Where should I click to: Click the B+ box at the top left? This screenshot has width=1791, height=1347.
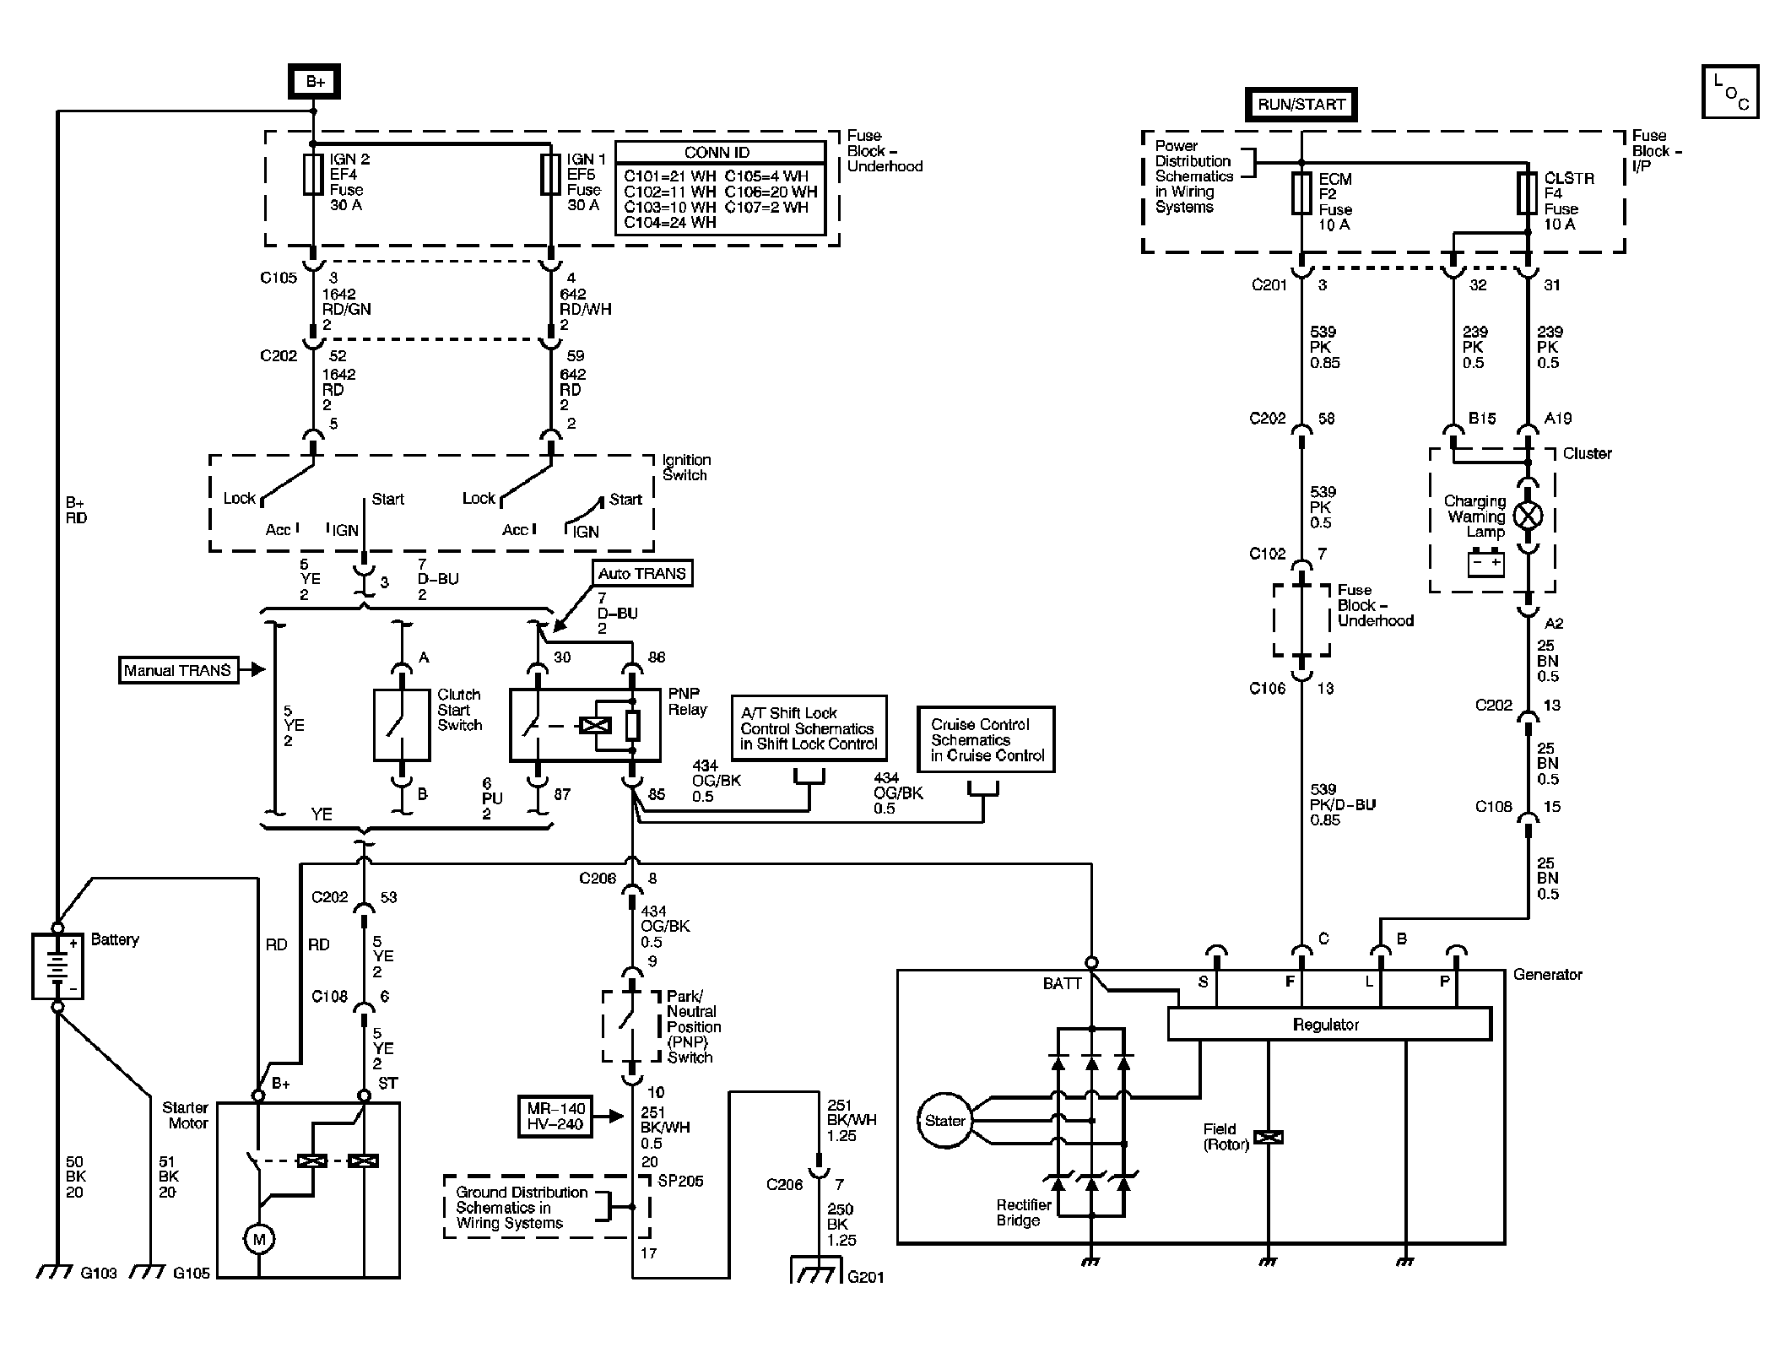pos(315,82)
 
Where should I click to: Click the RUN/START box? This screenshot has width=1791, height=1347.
pos(1301,105)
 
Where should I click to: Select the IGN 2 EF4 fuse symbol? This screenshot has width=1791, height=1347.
pos(313,175)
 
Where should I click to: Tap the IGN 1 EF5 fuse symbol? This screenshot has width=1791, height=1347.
pos(551,175)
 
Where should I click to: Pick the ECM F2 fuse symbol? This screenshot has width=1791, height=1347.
pos(1301,193)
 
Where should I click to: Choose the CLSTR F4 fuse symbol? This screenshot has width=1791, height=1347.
pos(1527,193)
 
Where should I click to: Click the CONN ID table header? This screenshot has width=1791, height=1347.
pos(717,153)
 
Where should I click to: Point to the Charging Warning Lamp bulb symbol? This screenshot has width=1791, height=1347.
pos(1528,516)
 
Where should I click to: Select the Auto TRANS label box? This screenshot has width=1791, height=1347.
pos(641,574)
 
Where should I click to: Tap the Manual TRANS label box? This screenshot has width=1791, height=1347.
pos(177,670)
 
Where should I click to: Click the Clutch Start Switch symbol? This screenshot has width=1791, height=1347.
pos(402,725)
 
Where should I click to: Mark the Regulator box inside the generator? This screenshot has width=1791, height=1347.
pos(1329,1024)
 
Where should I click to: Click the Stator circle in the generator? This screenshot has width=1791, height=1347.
pos(944,1121)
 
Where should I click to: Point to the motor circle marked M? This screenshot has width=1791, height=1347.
pos(258,1240)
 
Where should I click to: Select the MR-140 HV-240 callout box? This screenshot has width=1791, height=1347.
pos(555,1116)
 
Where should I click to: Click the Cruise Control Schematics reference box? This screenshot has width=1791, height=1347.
pos(986,739)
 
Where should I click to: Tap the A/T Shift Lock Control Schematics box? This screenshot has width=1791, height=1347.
pos(809,728)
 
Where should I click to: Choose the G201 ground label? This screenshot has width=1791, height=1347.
pos(865,1277)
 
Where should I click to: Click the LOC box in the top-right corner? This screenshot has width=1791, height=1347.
pos(1730,92)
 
